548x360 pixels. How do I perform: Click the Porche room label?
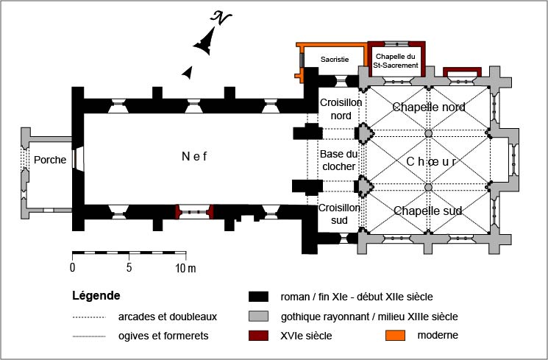click(50, 160)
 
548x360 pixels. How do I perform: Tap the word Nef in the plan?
click(196, 155)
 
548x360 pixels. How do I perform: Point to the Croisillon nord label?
click(341, 109)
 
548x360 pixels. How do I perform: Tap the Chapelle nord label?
click(428, 107)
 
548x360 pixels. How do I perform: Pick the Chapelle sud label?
click(428, 211)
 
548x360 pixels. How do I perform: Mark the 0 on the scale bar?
click(73, 267)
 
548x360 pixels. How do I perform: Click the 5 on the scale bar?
click(129, 267)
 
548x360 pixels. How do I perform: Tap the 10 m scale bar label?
click(185, 267)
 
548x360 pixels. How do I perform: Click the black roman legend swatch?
click(257, 297)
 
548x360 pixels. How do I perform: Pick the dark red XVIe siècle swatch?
click(257, 336)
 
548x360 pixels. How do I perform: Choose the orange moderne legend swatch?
click(396, 336)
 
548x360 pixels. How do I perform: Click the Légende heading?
click(96, 296)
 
